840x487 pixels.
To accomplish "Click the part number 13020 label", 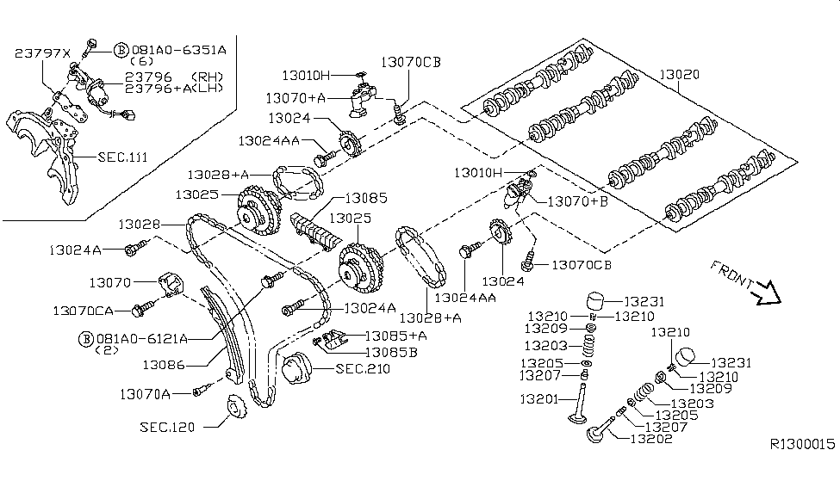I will pos(680,75).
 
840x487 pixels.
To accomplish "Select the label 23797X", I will pos(40,54).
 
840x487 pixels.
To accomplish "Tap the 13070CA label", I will pos(89,309).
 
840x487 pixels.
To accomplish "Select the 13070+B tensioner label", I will pos(577,202).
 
